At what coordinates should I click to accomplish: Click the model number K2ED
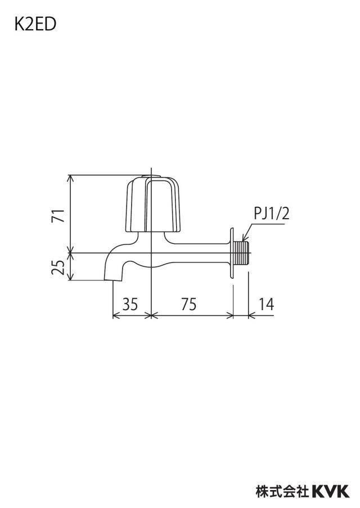[x=35, y=25]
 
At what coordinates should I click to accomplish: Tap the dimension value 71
[x=58, y=215]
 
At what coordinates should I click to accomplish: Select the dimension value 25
[x=58, y=267]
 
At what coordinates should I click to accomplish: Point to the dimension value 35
[x=130, y=304]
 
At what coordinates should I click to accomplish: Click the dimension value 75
[x=189, y=304]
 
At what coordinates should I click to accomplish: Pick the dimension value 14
[x=266, y=304]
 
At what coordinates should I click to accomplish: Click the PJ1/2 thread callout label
[x=271, y=214]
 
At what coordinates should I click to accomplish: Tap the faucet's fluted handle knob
[x=152, y=205]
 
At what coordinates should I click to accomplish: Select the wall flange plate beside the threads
[x=232, y=253]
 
